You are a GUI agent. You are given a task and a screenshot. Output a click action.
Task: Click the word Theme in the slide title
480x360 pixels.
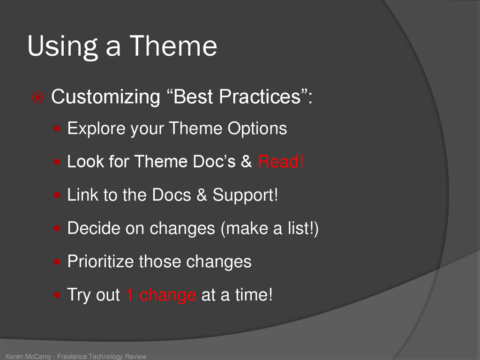(173, 46)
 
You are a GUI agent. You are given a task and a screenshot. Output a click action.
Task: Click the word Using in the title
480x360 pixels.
(63, 47)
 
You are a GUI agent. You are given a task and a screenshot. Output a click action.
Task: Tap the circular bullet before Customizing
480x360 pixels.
(38, 97)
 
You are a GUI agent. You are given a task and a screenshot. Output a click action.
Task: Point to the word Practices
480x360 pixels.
(260, 97)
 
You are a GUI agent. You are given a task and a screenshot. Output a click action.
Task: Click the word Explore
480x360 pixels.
(96, 128)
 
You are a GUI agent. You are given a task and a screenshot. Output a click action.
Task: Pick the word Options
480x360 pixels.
(257, 128)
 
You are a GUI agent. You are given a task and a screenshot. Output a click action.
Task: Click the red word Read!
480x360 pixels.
(281, 161)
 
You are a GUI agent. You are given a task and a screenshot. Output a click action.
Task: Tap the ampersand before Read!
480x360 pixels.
(246, 161)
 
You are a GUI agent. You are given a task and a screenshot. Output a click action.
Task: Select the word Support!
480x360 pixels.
(245, 195)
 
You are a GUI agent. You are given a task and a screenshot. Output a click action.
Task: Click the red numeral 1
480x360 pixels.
(129, 294)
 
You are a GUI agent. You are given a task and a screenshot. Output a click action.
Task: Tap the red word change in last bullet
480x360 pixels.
(168, 295)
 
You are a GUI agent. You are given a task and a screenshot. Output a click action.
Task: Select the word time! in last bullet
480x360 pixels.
(254, 294)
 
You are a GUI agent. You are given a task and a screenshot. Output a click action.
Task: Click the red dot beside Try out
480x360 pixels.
(57, 295)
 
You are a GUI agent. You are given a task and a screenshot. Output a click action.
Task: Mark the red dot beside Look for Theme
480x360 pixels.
(57, 162)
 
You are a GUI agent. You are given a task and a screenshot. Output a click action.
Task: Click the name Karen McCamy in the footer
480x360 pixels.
(29, 356)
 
